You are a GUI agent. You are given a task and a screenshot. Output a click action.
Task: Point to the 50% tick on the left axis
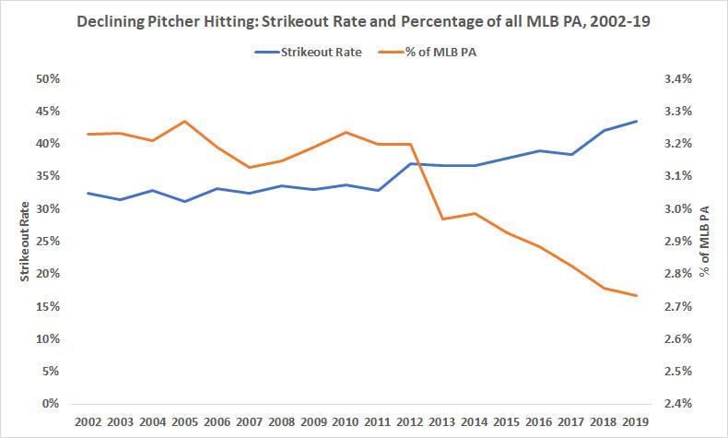(x=47, y=79)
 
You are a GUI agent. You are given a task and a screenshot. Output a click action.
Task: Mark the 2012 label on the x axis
(x=410, y=421)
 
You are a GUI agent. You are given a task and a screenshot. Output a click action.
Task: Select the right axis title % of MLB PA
(x=703, y=241)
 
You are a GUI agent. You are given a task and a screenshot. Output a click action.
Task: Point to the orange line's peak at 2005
(x=184, y=121)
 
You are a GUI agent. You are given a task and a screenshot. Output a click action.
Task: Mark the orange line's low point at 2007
(x=249, y=168)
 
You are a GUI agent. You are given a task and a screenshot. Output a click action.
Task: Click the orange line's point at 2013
(x=442, y=219)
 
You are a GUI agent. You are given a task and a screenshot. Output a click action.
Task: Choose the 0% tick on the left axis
(x=52, y=404)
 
